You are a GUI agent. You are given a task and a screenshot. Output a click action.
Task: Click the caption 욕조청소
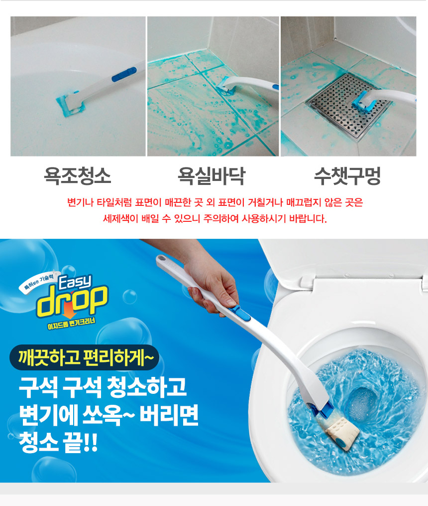[77, 176]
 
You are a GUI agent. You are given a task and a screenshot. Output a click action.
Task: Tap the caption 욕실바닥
[212, 176]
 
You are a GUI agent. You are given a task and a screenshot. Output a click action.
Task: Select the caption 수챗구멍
[347, 176]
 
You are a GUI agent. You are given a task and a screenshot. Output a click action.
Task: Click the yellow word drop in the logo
[72, 302]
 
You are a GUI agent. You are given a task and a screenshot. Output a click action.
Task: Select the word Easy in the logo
[75, 282]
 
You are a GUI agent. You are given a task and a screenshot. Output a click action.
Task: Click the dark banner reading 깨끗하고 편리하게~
[85, 357]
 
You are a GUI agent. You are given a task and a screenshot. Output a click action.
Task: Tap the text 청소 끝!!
[58, 442]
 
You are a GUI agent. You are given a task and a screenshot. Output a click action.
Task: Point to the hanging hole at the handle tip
[161, 259]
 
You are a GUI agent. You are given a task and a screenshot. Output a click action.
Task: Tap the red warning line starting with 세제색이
[215, 219]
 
